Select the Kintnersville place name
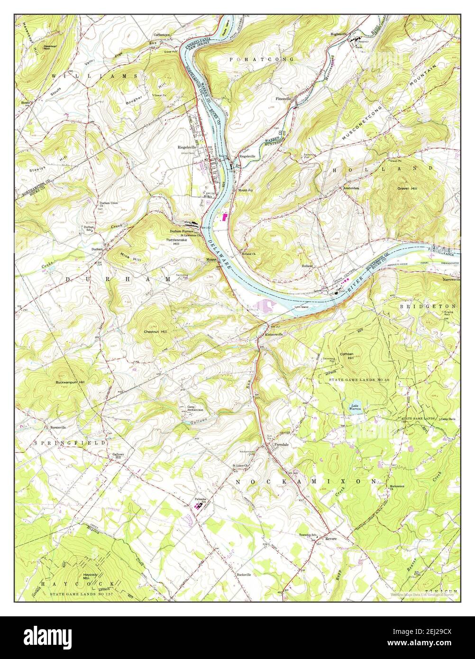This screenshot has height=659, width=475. point(274,334)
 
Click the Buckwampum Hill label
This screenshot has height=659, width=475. point(70,382)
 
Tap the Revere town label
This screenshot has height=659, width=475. point(330,539)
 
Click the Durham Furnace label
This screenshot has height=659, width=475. point(182,231)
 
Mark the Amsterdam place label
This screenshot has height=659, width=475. point(351,188)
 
